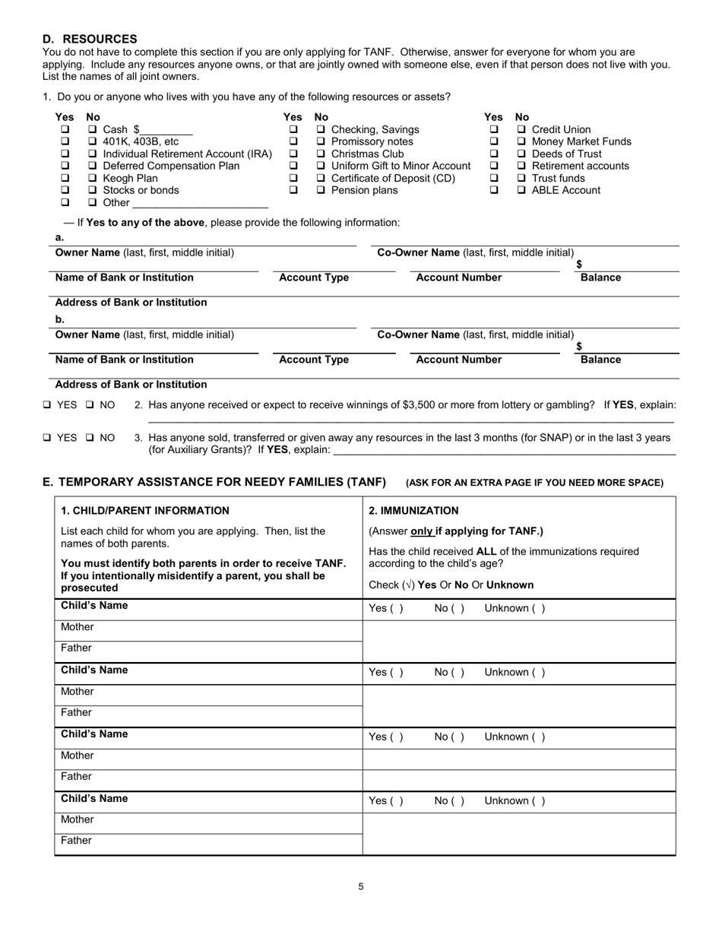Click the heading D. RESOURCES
coord(90,39)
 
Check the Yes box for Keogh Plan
coord(65,178)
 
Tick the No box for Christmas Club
coord(321,154)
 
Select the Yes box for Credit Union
coord(494,129)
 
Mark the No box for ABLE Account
coord(521,190)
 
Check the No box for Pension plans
coord(321,190)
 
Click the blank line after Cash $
coord(167,131)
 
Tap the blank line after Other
coord(200,204)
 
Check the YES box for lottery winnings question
coord(48,405)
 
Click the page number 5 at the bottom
coord(361,886)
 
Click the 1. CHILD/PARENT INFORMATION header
coord(145,511)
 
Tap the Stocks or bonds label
coord(141,190)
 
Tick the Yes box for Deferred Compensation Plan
coord(65,166)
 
